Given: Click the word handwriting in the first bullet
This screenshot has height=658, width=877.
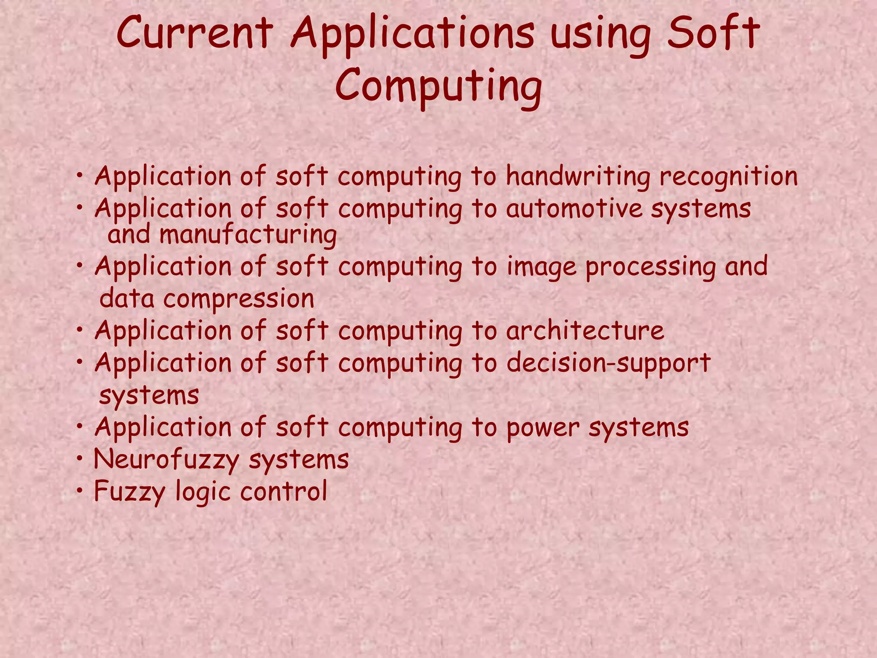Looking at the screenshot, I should pos(578,176).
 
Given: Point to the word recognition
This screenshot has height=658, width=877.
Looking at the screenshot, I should pos(728,176).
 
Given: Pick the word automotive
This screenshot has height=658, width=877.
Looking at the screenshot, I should pos(574,209).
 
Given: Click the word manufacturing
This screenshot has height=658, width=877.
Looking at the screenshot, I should pos(248,235).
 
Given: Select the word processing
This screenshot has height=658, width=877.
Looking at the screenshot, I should pos(650,267).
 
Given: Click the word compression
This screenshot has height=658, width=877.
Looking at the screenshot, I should pos(239,299).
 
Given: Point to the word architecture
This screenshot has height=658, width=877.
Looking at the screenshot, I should pos(585,331).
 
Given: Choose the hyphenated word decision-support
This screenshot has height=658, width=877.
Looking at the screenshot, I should pos(609,363).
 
